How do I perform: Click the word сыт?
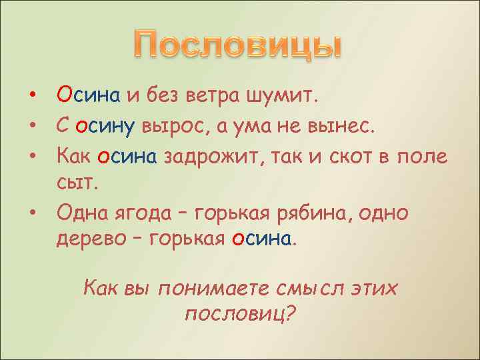pyautogui.click(x=75, y=183)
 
